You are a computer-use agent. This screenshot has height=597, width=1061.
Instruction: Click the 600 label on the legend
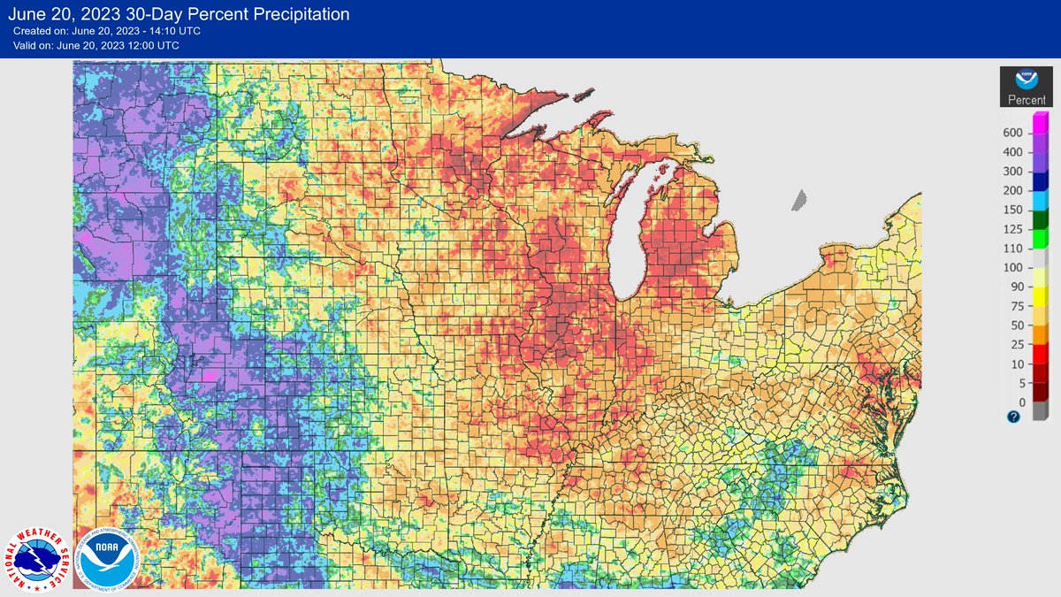[x=1012, y=133]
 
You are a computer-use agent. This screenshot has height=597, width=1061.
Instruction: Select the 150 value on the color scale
[x=1012, y=210]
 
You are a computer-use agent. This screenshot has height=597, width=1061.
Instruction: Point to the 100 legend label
[x=1012, y=268]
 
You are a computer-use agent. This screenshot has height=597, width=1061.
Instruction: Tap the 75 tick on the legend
[x=1015, y=306]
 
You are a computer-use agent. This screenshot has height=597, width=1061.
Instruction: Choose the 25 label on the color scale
[x=1015, y=345]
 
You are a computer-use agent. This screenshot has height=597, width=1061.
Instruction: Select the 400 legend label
[x=1012, y=152]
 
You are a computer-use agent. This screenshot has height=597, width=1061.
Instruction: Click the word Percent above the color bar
[x=1027, y=100]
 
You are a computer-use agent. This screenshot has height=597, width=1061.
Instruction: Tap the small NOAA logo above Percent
[x=1027, y=80]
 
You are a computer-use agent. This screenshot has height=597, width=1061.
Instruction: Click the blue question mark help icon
[x=1013, y=417]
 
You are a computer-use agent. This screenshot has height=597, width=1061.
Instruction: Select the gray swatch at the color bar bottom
[x=1040, y=411]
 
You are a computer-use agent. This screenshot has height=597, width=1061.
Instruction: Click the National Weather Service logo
[x=38, y=559]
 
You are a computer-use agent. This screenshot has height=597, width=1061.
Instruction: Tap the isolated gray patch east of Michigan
[x=800, y=200]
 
